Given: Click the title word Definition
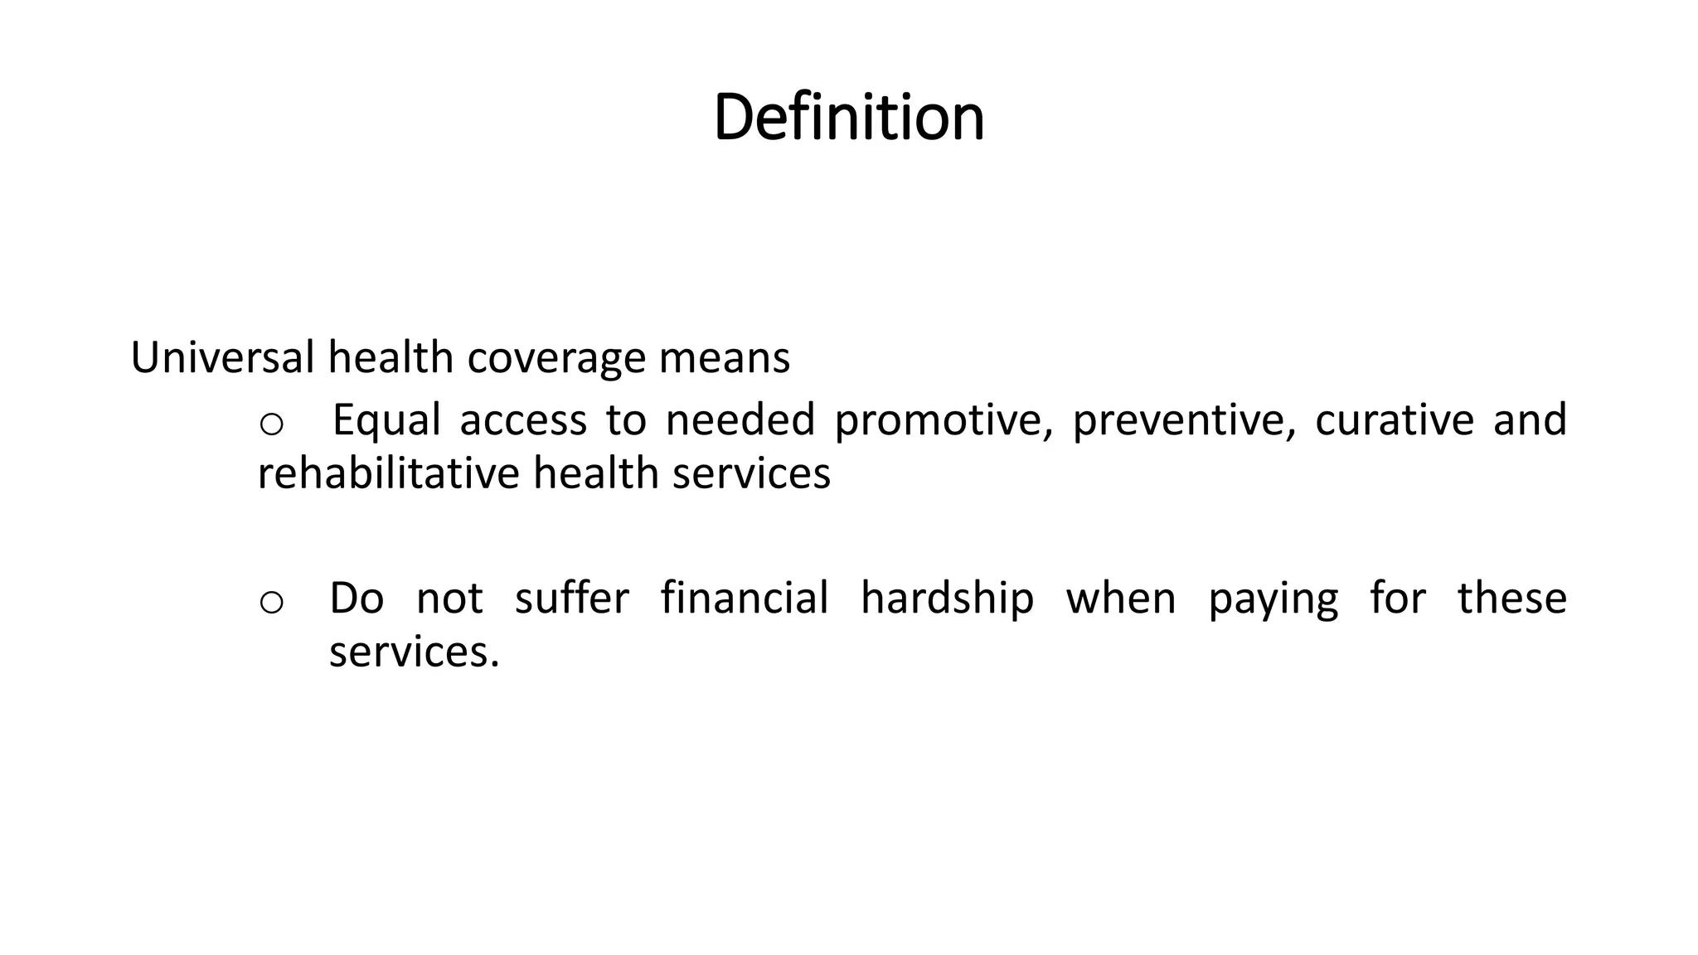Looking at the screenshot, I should [x=848, y=117].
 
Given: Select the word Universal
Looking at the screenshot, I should [x=221, y=358].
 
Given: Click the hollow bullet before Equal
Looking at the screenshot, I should [x=271, y=424].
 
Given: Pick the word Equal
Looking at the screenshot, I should [x=386, y=420].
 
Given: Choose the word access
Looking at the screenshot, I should [x=523, y=420].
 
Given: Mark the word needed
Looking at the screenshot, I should [x=740, y=420].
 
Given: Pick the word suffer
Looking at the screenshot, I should [x=571, y=598].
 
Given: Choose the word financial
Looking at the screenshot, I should [x=744, y=598].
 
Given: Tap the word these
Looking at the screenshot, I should [x=1511, y=598].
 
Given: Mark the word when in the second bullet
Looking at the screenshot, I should [x=1120, y=598].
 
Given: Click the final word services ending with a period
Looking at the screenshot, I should [x=414, y=652].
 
